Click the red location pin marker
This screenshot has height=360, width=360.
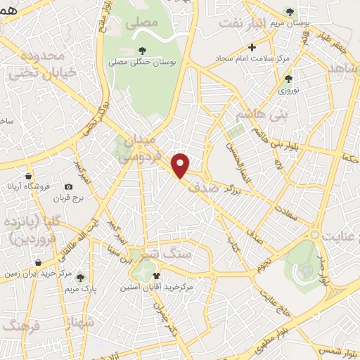[181, 165]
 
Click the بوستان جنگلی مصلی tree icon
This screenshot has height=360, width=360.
[142, 51]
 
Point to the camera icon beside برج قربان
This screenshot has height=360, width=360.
[68, 186]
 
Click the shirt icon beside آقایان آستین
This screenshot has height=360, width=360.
[156, 275]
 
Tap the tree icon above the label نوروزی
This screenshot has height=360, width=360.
[288, 78]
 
